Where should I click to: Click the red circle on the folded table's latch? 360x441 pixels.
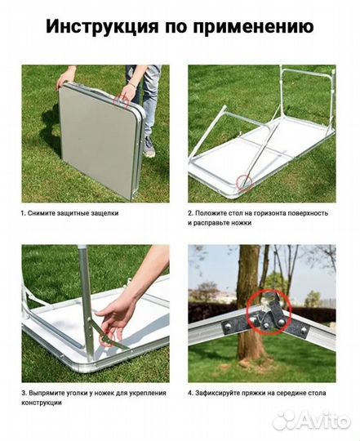click(x=122, y=100)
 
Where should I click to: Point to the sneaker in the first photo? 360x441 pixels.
click(x=149, y=146)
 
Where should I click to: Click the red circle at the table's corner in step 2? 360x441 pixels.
click(x=245, y=182)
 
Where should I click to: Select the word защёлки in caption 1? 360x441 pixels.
click(x=104, y=213)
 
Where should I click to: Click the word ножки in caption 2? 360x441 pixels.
click(x=242, y=223)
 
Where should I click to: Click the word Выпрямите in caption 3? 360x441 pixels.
click(x=44, y=393)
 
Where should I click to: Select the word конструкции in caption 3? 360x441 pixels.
click(x=42, y=403)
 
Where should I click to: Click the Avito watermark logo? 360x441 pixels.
click(x=312, y=421)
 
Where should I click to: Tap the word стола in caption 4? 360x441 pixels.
click(x=318, y=393)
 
